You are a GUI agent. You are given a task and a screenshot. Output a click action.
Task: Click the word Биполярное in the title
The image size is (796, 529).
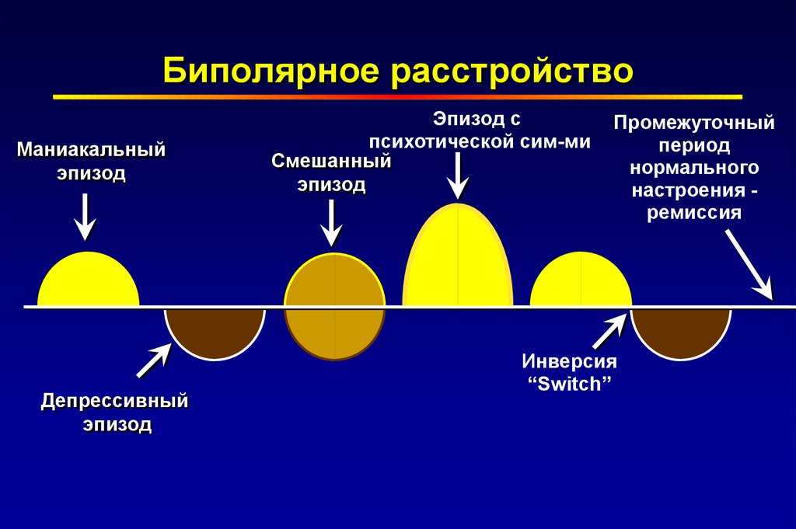pyautogui.click(x=271, y=71)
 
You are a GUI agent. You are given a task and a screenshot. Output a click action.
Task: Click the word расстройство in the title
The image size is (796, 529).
pyautogui.click(x=511, y=71)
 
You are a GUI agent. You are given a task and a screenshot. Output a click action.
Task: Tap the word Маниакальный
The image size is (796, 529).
pyautogui.click(x=92, y=150)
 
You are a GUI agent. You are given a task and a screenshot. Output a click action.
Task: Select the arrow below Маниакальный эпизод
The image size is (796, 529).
pyautogui.click(x=86, y=217)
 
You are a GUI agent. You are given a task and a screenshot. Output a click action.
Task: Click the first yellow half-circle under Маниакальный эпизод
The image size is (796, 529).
pyautogui.click(x=89, y=279)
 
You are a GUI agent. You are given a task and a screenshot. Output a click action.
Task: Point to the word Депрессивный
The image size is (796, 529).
pyautogui.click(x=115, y=401)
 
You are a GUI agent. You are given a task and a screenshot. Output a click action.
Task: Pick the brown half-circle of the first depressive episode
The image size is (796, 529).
pyautogui.click(x=215, y=333)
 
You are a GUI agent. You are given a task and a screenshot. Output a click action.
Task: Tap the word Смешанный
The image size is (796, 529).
pyautogui.click(x=331, y=162)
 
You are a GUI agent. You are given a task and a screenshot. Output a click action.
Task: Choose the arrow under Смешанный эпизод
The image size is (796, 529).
pyautogui.click(x=331, y=223)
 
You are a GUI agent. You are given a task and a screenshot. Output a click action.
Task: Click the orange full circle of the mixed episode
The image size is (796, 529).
pyautogui.click(x=334, y=307)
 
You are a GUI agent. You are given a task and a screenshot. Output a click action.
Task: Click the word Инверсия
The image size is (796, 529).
pyautogui.click(x=569, y=362)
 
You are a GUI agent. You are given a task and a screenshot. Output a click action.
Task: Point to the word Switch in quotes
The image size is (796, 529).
pyautogui.click(x=569, y=384)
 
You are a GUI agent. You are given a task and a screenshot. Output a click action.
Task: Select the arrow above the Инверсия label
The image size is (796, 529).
pyautogui.click(x=609, y=331)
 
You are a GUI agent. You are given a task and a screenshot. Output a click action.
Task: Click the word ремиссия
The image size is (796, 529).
pyautogui.click(x=694, y=212)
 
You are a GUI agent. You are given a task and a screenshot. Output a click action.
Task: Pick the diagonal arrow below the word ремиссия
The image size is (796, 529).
pyautogui.click(x=749, y=265)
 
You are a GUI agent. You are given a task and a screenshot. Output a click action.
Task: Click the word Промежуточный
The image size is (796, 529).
pyautogui.click(x=694, y=123)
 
